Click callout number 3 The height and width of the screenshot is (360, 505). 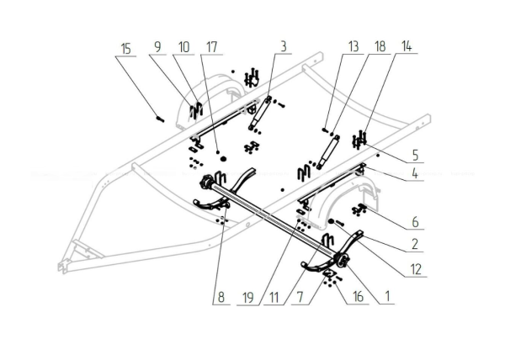click(284, 45)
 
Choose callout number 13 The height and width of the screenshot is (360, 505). click(353, 45)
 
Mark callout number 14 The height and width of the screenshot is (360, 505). click(409, 45)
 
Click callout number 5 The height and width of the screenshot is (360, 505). click(416, 156)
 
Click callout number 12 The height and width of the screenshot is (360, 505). click(416, 269)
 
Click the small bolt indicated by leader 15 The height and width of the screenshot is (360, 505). click(157, 118)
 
